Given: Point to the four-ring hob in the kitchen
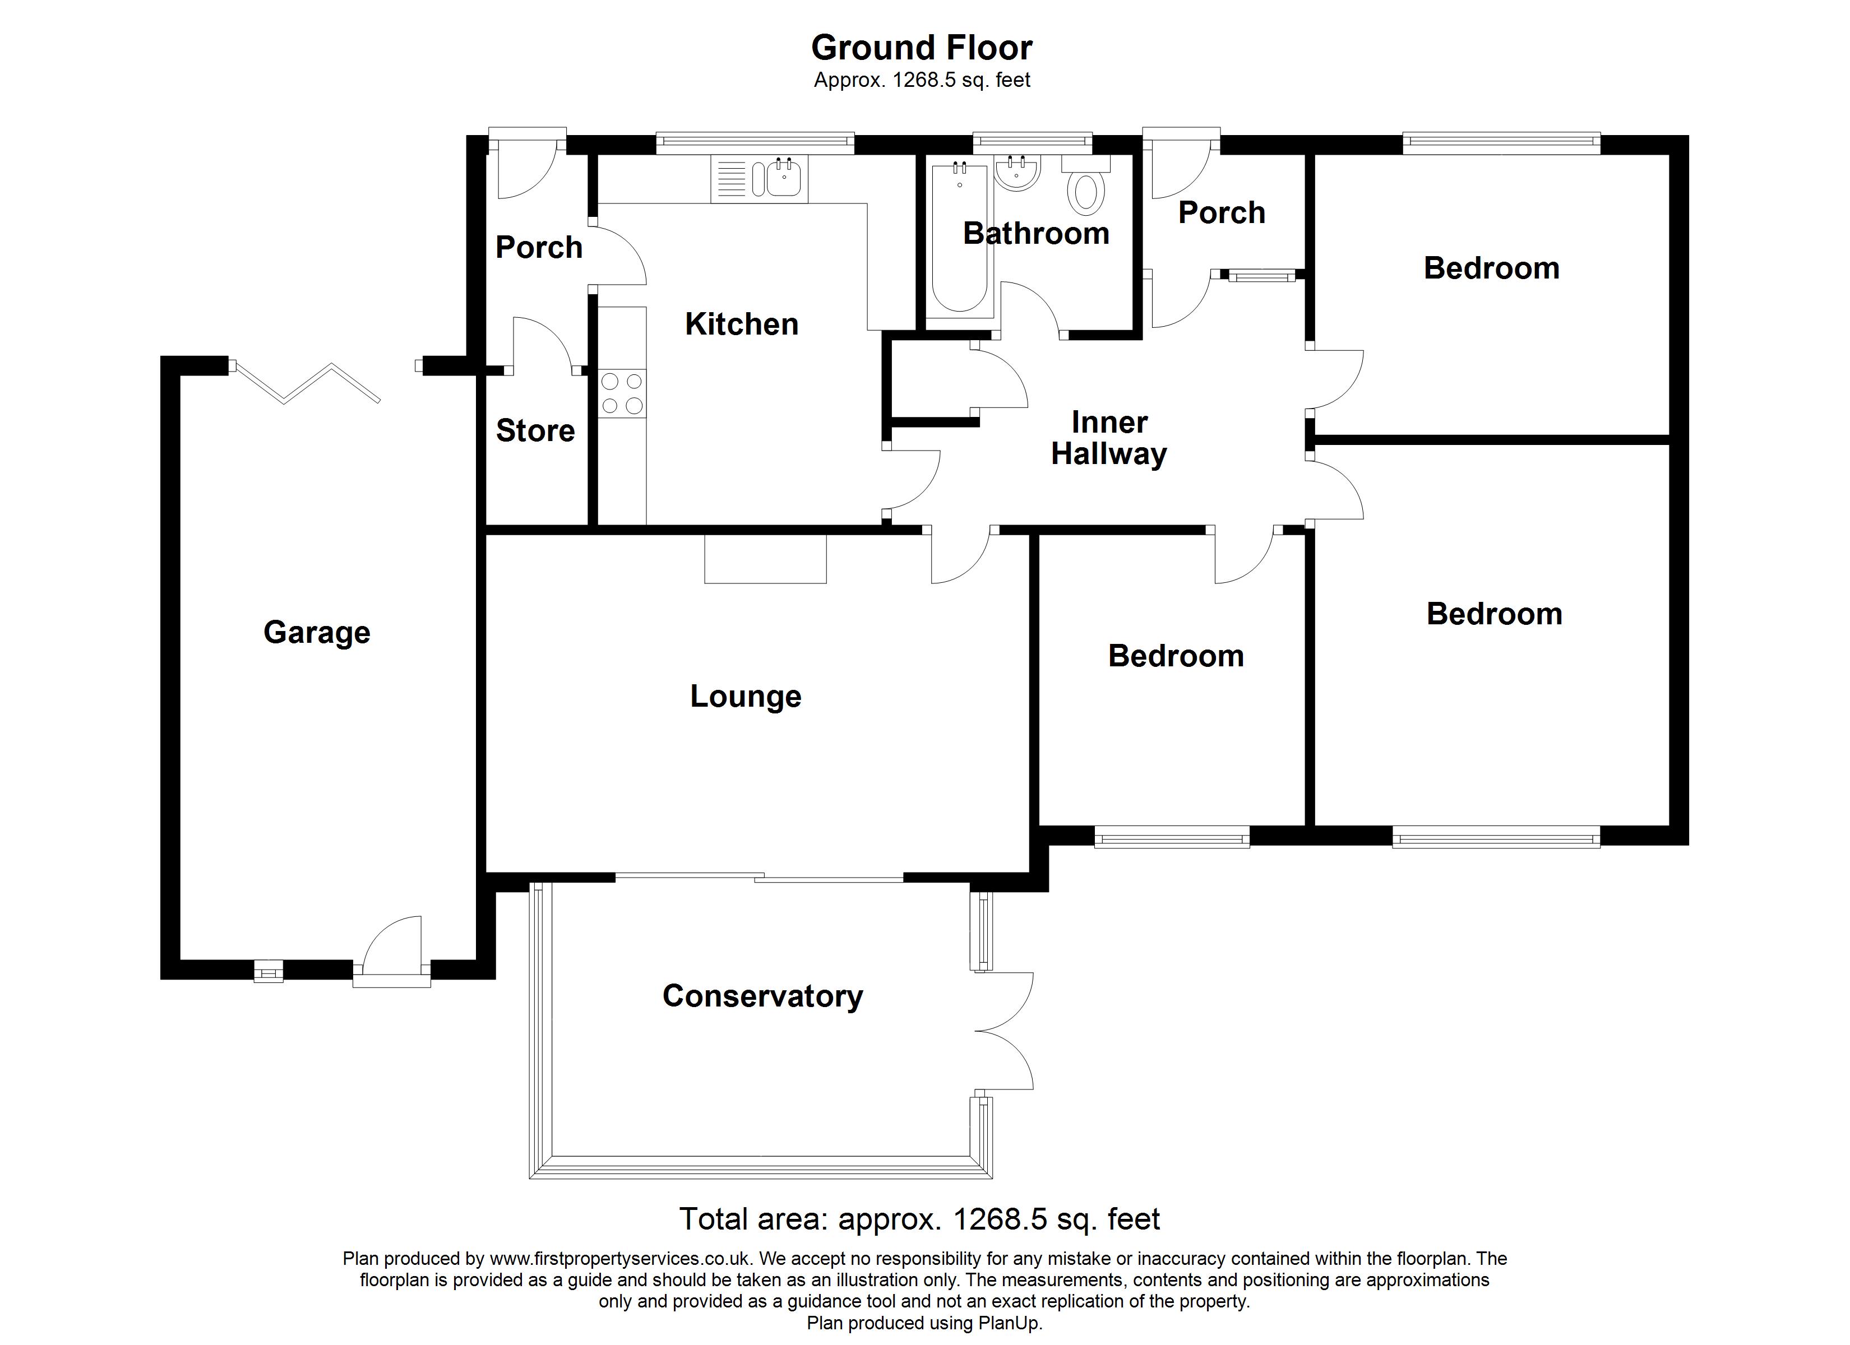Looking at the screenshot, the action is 622,393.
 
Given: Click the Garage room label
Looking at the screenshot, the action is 317,633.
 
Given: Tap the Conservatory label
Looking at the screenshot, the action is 762,996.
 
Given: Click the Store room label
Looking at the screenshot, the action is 535,430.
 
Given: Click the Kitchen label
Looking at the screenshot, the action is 742,324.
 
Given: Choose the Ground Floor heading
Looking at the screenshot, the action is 922,48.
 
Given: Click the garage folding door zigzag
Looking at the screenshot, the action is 307,382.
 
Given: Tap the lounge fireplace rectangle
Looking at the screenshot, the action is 765,559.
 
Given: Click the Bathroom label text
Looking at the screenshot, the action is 1036,234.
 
